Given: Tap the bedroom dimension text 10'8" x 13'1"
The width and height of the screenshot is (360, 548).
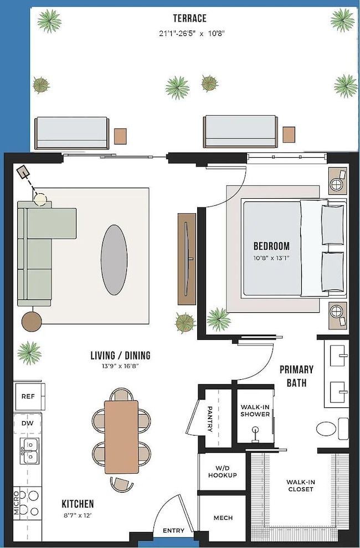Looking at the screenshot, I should pyautogui.click(x=271, y=258).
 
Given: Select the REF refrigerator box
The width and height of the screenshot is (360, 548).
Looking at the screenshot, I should pyautogui.click(x=28, y=396).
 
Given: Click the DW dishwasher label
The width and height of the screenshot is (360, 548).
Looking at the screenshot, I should pyautogui.click(x=28, y=422).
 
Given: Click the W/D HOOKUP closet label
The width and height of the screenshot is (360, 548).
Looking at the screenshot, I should pyautogui.click(x=222, y=472).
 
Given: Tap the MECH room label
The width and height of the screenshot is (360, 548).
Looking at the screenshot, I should pyautogui.click(x=223, y=518).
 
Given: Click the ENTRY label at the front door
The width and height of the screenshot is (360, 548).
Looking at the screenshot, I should pyautogui.click(x=173, y=531).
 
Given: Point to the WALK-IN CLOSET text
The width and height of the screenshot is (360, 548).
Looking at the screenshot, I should pyautogui.click(x=300, y=485).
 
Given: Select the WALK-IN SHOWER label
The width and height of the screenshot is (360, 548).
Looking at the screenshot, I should pyautogui.click(x=255, y=411).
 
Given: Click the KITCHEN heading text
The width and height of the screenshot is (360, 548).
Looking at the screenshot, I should pyautogui.click(x=78, y=504).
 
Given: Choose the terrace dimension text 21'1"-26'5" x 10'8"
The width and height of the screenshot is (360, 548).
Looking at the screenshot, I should pyautogui.click(x=191, y=34).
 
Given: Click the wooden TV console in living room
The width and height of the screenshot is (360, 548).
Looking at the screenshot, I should pyautogui.click(x=187, y=259).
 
